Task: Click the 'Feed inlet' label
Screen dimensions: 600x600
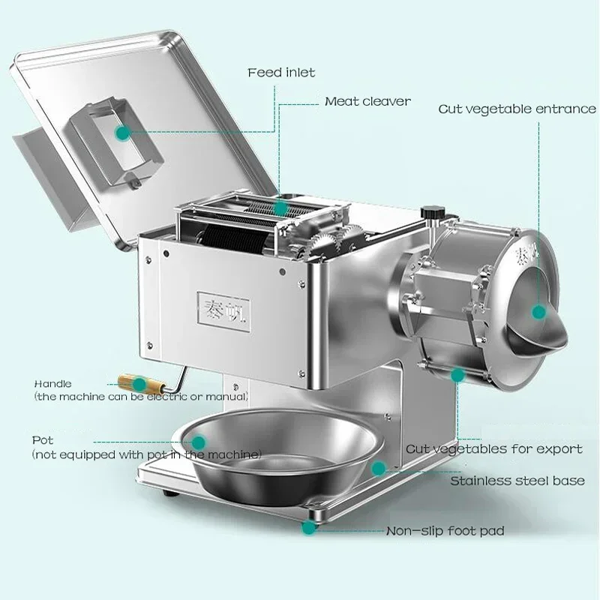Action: [x=281, y=73]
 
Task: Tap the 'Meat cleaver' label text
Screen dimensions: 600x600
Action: [x=367, y=101]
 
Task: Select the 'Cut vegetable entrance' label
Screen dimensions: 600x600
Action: [x=517, y=109]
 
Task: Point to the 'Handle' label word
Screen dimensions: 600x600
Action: [x=52, y=384]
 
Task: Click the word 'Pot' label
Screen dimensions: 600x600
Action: [x=43, y=440]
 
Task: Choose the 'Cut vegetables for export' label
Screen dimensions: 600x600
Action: [x=493, y=448]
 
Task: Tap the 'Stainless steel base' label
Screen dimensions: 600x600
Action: [x=517, y=481]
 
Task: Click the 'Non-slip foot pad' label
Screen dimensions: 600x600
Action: [x=445, y=531]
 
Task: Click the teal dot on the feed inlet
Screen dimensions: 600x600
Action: [x=121, y=133]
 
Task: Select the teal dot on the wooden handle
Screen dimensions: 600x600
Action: [x=140, y=383]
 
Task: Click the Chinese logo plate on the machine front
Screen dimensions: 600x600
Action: [x=226, y=307]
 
